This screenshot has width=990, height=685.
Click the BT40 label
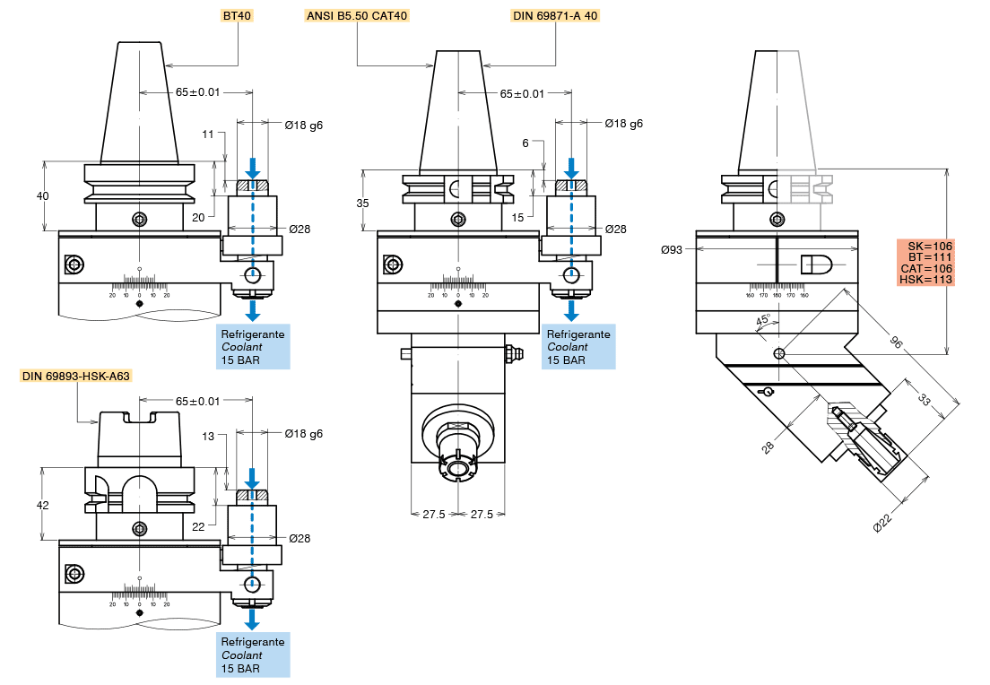(x=238, y=15)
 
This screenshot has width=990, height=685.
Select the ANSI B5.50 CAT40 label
(x=357, y=15)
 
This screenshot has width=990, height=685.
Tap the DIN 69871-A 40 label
(x=554, y=15)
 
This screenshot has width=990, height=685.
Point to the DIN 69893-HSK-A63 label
(x=76, y=377)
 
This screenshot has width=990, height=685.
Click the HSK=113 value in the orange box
(x=926, y=280)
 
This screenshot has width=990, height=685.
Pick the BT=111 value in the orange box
(x=926, y=256)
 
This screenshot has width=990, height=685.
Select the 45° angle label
(x=763, y=321)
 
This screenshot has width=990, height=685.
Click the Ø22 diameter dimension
(x=882, y=524)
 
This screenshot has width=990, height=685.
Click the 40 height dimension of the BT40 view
(x=43, y=196)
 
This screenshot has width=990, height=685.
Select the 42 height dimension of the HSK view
(x=42, y=505)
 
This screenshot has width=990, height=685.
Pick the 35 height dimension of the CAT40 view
(x=362, y=203)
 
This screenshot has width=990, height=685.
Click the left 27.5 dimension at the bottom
(x=434, y=515)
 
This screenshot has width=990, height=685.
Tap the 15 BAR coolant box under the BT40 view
(x=253, y=347)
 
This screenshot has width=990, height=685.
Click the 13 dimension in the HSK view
(x=209, y=437)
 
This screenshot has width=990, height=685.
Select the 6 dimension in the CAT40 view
(x=525, y=143)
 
